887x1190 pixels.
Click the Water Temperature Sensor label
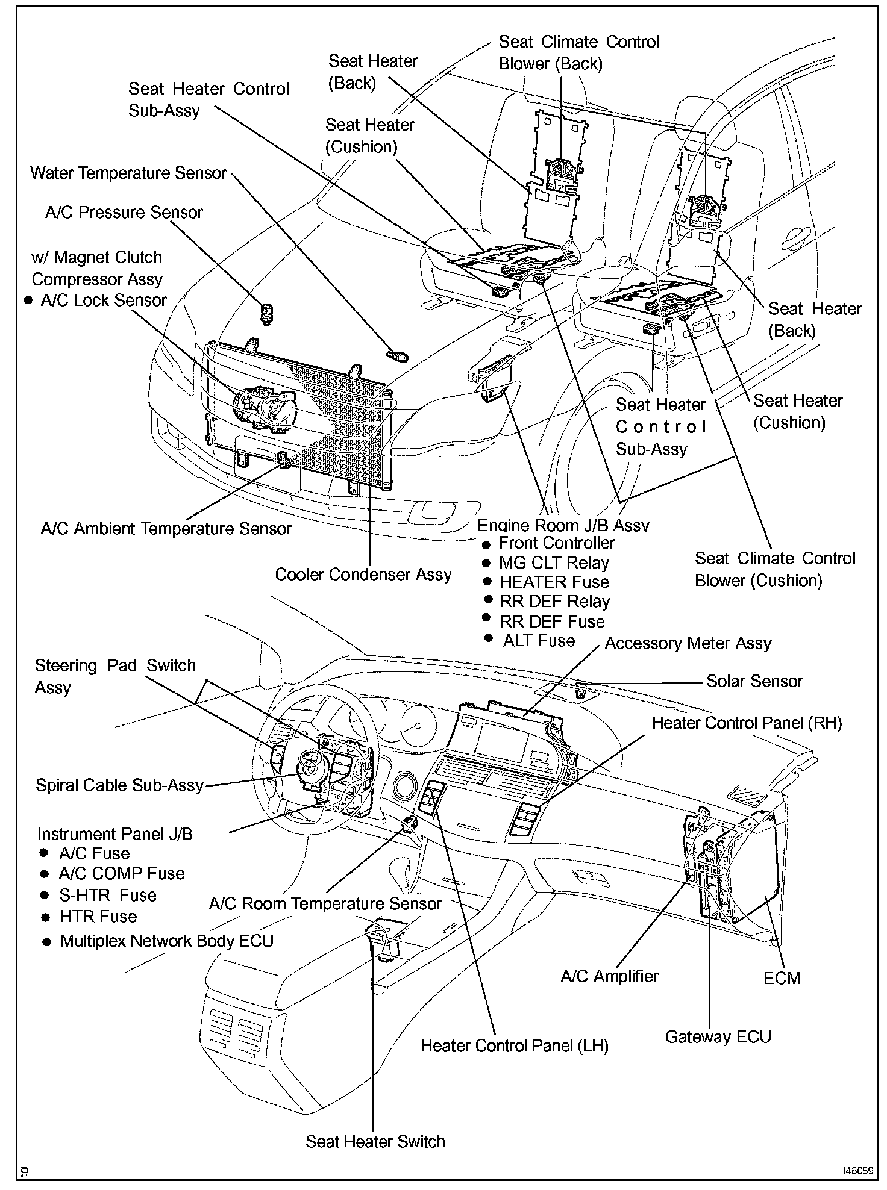click(x=128, y=173)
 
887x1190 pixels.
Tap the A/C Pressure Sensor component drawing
click(x=266, y=312)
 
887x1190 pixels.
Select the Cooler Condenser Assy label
click(x=363, y=575)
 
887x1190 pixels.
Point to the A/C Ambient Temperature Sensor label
click(x=166, y=529)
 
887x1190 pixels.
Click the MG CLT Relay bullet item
click(x=553, y=563)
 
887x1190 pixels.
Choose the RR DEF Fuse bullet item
click(x=552, y=621)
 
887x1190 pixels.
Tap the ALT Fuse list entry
click(x=539, y=641)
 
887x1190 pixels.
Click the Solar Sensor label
click(x=754, y=681)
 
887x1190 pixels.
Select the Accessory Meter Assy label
click(x=688, y=643)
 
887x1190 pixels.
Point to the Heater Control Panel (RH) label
click(x=747, y=723)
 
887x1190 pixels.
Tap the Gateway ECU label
click(x=718, y=1037)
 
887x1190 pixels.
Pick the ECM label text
click(x=782, y=978)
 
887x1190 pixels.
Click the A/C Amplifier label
click(x=609, y=976)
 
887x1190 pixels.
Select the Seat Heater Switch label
click(x=375, y=1142)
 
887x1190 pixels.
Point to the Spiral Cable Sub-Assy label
click(x=119, y=785)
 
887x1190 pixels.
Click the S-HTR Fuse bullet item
click(x=107, y=895)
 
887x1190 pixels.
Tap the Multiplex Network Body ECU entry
click(x=166, y=941)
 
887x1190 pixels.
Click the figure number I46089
click(x=857, y=1171)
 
